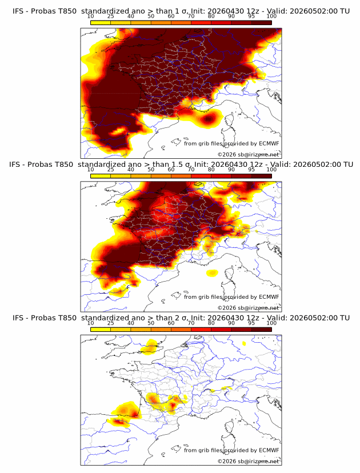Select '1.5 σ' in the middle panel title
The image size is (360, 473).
(x=182, y=165)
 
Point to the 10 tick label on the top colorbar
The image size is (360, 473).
(x=90, y=17)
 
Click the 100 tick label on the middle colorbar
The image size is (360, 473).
(x=271, y=170)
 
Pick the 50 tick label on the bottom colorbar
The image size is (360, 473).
(x=151, y=323)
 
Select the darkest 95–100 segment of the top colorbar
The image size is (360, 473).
(x=262, y=22)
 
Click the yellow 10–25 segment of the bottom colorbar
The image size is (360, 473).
(x=101, y=330)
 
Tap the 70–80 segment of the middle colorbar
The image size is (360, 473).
(x=201, y=176)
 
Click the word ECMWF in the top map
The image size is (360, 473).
(x=269, y=143)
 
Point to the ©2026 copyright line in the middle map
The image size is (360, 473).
(x=249, y=308)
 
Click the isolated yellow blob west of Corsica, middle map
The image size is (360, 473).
(x=212, y=273)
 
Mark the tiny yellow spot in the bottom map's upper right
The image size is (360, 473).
(x=244, y=343)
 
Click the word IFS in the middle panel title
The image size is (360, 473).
(x=14, y=165)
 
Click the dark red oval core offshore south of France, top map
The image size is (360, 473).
(x=208, y=119)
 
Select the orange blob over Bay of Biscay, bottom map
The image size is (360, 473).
(x=127, y=410)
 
